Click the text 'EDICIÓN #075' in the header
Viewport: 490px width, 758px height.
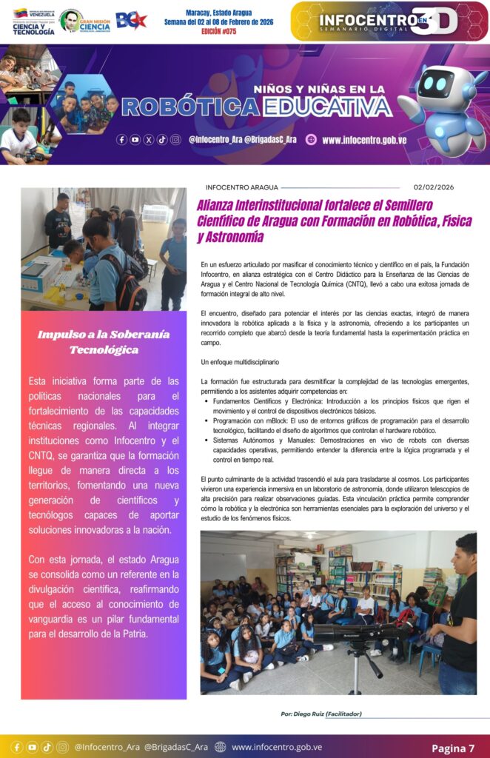pyautogui.click(x=218, y=33)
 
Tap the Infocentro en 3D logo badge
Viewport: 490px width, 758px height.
pyautogui.click(x=389, y=21)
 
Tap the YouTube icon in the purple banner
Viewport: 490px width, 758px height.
pyautogui.click(x=135, y=139)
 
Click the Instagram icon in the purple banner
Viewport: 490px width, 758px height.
pyautogui.click(x=175, y=139)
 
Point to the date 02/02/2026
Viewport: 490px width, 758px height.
pyautogui.click(x=434, y=187)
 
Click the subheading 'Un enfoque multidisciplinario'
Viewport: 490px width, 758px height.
pyautogui.click(x=239, y=363)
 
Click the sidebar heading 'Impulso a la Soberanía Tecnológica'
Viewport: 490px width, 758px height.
pyautogui.click(x=104, y=341)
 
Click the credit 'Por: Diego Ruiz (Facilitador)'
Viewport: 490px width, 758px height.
pyautogui.click(x=321, y=714)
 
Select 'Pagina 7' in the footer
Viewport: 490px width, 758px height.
pyautogui.click(x=453, y=748)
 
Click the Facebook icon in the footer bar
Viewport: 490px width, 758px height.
pyautogui.click(x=17, y=747)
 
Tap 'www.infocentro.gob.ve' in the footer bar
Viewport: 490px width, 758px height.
pyautogui.click(x=277, y=747)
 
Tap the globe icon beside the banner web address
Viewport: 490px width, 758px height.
pyautogui.click(x=311, y=139)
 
